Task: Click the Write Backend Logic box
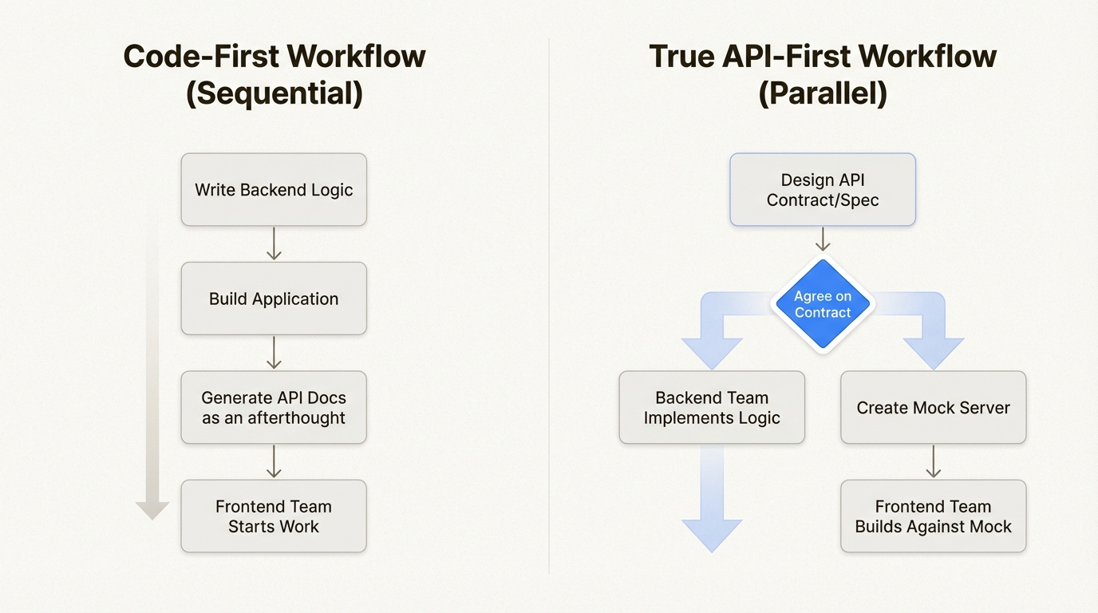pos(274,190)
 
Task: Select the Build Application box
pos(274,299)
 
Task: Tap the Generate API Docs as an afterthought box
pos(274,407)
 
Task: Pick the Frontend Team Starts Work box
pos(274,516)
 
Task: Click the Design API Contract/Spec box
pos(823,190)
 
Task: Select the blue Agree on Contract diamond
pos(823,304)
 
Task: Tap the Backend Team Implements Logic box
pos(712,407)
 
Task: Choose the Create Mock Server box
pos(933,407)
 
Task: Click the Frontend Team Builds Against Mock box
pos(933,516)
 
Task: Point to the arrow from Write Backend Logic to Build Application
pos(274,243)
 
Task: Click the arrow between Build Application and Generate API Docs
pos(274,352)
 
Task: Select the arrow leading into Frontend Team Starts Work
pos(274,461)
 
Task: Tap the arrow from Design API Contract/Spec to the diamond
pos(823,239)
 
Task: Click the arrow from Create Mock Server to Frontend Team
pos(933,461)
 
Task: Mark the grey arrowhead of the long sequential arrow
pos(152,510)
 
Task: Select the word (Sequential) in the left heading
pos(274,93)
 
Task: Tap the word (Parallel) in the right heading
pos(823,93)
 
